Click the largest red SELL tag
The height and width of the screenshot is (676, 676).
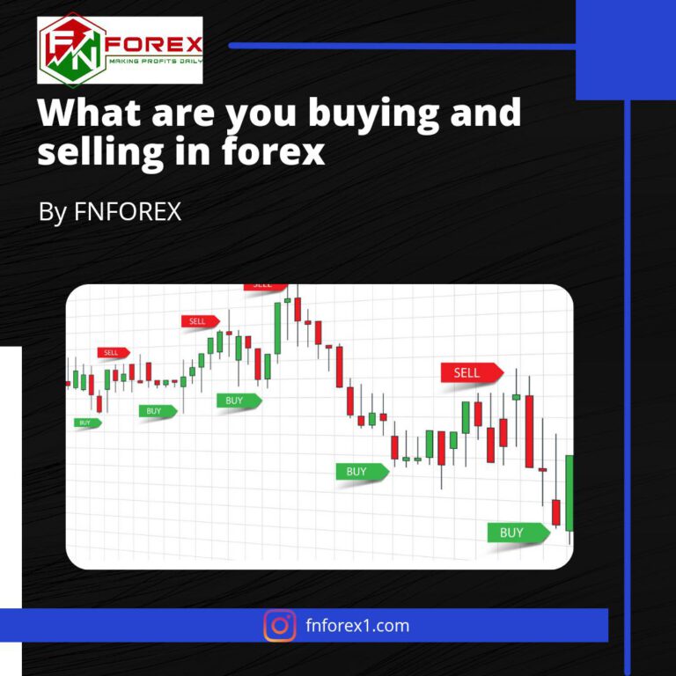(470, 373)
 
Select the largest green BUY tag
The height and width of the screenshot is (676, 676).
(516, 533)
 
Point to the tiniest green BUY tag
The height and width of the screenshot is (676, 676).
(86, 422)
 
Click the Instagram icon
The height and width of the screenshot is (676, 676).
(280, 626)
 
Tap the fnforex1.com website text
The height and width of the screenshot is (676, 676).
(356, 626)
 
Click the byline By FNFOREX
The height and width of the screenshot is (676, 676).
(110, 212)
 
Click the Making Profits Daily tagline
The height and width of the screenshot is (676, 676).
(153, 62)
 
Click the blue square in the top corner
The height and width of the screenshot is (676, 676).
(625, 50)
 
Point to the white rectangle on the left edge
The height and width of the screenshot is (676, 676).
(11, 475)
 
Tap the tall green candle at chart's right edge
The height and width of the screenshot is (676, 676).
(569, 493)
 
